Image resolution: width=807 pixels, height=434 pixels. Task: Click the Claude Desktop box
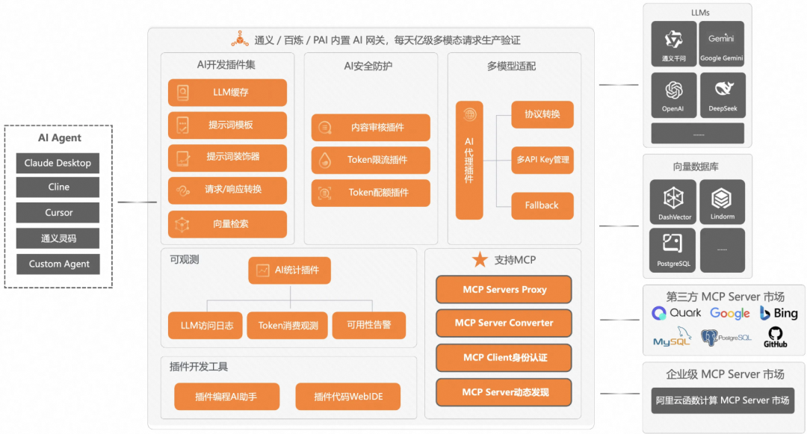pos(58,163)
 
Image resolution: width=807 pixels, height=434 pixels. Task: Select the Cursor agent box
pos(58,213)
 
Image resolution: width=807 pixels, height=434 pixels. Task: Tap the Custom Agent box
pos(58,264)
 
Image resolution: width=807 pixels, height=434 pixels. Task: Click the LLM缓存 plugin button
pos(227,93)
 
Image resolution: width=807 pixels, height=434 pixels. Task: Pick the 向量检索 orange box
pos(227,224)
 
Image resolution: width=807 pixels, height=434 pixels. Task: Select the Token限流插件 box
pos(371,160)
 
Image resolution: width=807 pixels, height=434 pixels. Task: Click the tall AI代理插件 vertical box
pos(469,161)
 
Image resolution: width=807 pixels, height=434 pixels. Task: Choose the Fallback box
pos(542,205)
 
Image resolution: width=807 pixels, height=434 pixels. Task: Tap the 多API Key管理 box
pos(542,160)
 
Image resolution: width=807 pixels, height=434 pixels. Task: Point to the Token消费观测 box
pos(288,326)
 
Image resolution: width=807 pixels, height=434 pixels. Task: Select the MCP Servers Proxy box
pos(504,290)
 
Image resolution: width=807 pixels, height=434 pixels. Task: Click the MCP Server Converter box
pos(504,323)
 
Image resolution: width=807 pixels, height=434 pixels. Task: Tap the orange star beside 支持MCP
pos(479,260)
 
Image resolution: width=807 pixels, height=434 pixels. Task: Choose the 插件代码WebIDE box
pos(348,397)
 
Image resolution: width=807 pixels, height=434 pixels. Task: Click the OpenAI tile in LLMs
pos(673,95)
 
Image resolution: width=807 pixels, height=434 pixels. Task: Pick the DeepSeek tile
pos(723,95)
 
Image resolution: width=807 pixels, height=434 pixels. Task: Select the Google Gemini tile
pos(722,44)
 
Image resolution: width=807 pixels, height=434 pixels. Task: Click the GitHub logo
pos(775,337)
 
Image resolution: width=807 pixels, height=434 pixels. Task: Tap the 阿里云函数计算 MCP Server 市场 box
pos(722,400)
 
